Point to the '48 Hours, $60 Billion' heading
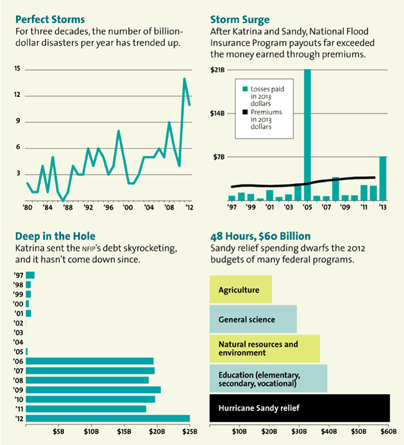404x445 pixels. click(260, 236)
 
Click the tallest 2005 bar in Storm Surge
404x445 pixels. click(307, 135)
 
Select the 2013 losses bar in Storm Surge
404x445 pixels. click(383, 179)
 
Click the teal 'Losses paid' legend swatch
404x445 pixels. click(244, 89)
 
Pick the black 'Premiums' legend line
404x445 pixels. click(244, 113)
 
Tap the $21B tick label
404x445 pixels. click(218, 69)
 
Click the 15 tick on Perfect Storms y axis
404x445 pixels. click(17, 69)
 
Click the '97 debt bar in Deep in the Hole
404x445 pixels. click(30, 275)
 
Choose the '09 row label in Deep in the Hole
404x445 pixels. click(18, 390)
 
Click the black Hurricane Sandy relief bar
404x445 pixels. click(299, 407)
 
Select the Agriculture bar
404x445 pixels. click(240, 290)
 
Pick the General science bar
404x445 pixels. click(253, 319)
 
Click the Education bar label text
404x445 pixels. click(257, 378)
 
